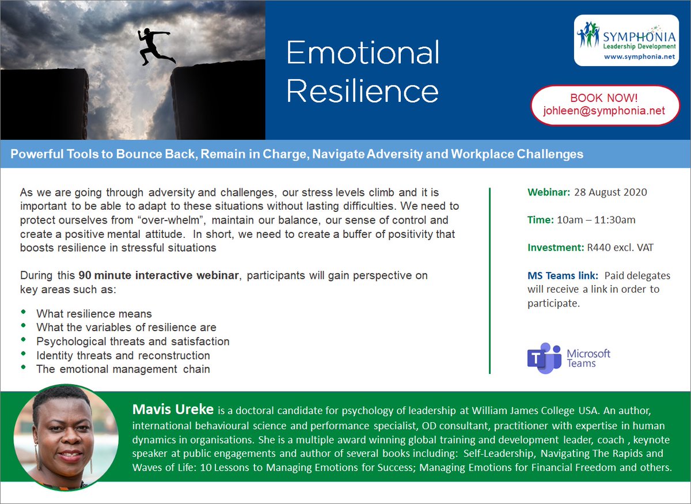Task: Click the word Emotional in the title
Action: [x=363, y=53]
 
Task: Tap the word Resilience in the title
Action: [x=363, y=91]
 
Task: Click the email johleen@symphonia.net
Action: [x=604, y=111]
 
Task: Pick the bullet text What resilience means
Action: [x=94, y=314]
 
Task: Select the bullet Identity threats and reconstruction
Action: [x=123, y=355]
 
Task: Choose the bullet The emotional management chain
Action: [x=123, y=369]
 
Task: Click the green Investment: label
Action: [x=556, y=248]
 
